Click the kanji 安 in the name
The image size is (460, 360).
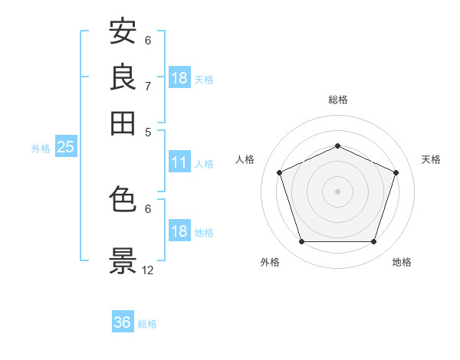coord(123,31)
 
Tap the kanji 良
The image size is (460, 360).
coord(123,77)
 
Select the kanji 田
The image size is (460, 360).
coord(123,123)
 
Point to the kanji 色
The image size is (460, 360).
coord(123,198)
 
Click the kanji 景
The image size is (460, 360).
coord(123,260)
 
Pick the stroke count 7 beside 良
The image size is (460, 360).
coord(148,87)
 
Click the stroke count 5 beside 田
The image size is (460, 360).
coord(148,133)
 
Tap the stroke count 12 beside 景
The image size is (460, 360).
coord(147,270)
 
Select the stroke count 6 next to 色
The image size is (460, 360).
coord(148,209)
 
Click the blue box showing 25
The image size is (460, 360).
coord(66,146)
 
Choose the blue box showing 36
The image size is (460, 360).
coord(123,321)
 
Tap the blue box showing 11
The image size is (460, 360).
coord(180,162)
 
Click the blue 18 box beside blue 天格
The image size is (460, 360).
coord(180,77)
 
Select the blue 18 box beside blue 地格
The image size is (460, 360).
coord(180,230)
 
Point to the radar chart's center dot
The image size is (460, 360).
coord(337,191)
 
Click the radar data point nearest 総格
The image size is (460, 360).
coord(337,146)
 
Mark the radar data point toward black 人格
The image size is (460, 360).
coord(279,172)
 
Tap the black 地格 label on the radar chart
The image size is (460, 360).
coord(402,262)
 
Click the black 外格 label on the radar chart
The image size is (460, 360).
coord(270,262)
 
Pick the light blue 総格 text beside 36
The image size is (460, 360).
coord(147,324)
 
